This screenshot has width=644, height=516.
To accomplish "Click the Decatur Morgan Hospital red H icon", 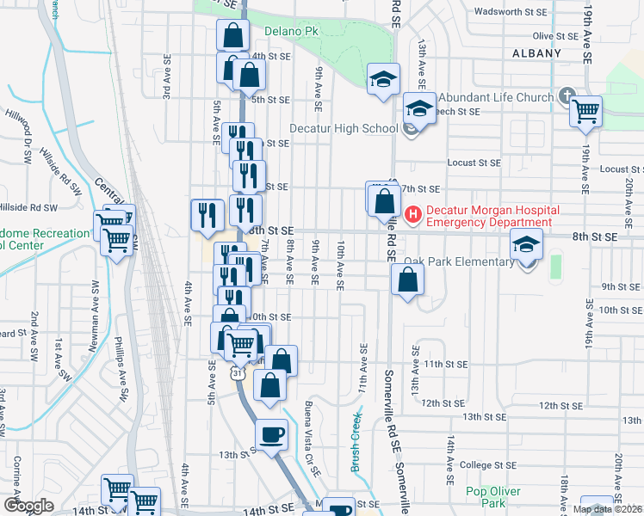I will point(412,213).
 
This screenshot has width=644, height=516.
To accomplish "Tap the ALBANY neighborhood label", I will point(536,53).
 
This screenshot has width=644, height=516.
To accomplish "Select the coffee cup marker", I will point(272,434).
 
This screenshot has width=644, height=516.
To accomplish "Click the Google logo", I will point(28,506).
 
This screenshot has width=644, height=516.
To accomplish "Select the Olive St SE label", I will point(554,36).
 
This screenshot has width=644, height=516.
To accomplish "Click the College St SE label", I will point(487,465).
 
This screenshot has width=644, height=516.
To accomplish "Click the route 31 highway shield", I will point(236,374).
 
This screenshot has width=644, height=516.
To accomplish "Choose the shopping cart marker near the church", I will point(585,110).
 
